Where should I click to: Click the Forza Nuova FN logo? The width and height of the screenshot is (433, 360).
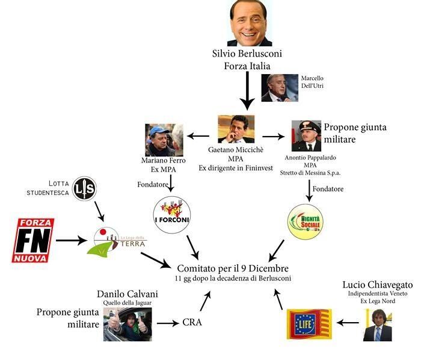click(32, 240)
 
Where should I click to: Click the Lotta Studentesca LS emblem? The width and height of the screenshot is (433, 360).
click(84, 190)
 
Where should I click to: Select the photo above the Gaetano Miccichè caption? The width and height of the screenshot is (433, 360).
click(236, 129)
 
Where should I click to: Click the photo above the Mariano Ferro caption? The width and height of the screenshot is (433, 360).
click(164, 140)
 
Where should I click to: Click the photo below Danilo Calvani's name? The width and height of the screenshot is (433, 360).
click(127, 324)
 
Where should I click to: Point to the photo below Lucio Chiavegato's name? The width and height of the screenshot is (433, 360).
click(377, 324)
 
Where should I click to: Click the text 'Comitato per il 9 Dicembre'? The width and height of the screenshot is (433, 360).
click(233, 268)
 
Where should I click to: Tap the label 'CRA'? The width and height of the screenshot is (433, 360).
click(192, 323)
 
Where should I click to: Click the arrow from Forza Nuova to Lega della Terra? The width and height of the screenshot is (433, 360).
click(71, 241)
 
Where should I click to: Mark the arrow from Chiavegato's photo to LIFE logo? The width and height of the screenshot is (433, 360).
click(348, 323)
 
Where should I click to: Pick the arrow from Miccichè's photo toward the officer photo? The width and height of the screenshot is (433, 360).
click(273, 136)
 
